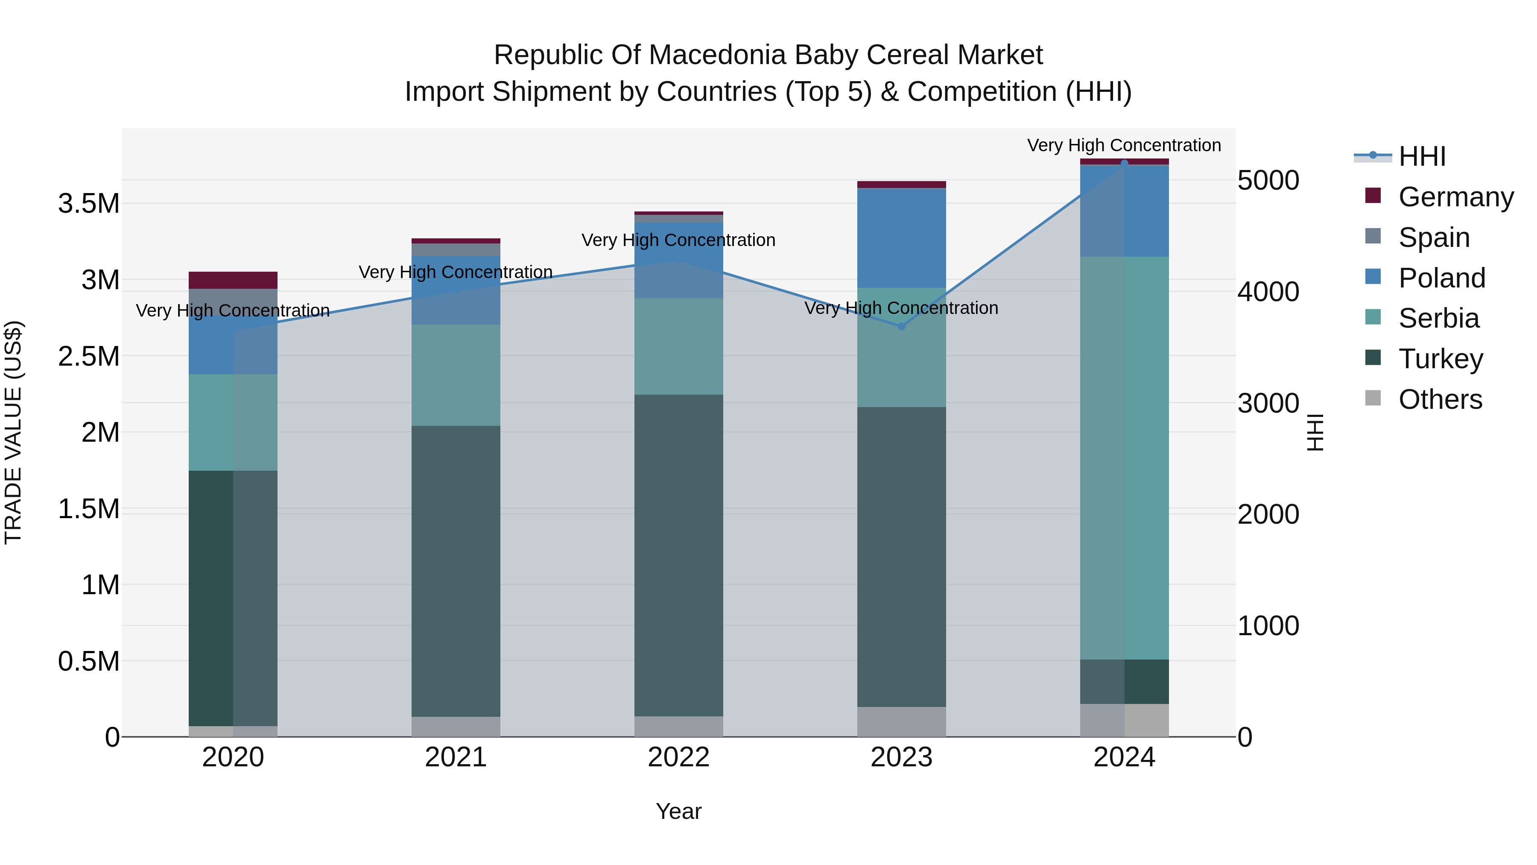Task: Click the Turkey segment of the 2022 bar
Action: [678, 555]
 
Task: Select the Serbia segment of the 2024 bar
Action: [1124, 458]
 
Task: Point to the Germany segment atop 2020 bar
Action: [233, 280]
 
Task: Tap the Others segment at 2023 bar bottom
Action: [902, 722]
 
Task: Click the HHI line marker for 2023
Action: [902, 326]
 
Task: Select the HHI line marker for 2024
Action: [1124, 163]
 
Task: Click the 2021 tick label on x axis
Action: [456, 757]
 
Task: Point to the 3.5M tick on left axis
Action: [88, 204]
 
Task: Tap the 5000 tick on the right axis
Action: [1268, 181]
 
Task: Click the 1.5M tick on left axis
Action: [88, 509]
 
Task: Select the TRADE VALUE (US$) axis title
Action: [13, 432]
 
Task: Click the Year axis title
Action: [678, 811]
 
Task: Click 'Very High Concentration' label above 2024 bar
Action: [1124, 145]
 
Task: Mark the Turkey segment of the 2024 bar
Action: [1124, 681]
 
